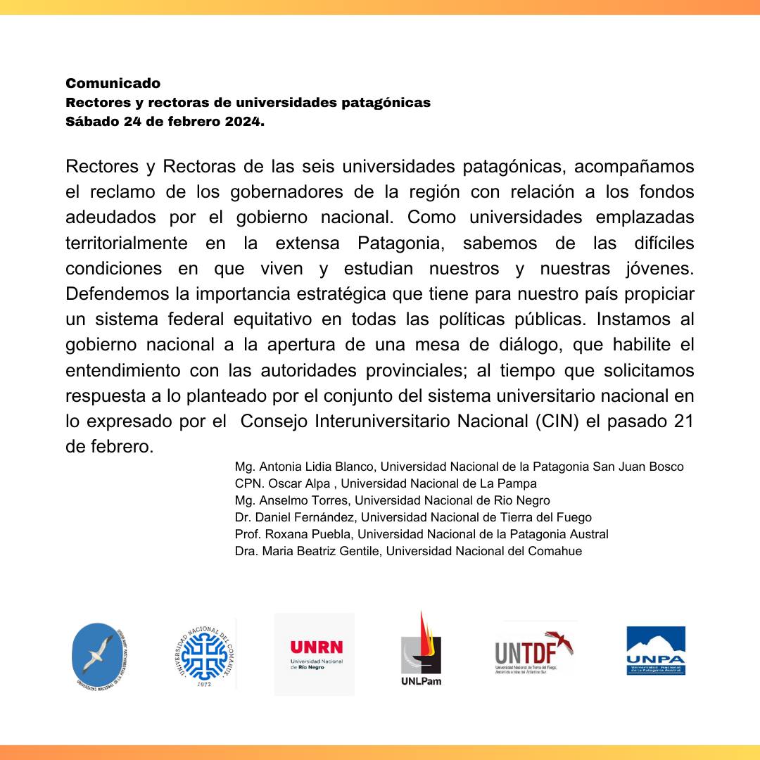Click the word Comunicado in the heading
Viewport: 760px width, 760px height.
(113, 84)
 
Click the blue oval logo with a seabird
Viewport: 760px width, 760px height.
(101, 655)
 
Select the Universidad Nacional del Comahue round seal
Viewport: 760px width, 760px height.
(204, 654)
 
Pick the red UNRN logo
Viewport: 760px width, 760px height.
(315, 654)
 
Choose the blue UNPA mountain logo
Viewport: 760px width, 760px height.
(656, 651)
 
